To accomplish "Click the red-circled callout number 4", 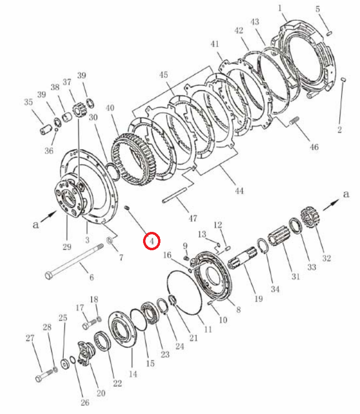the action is (x=152, y=241).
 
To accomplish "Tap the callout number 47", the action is (x=192, y=218).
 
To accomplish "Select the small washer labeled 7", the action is (x=109, y=241).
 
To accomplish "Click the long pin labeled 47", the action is (x=175, y=195).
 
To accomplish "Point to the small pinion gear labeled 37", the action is (x=79, y=112).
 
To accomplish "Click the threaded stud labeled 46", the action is (x=294, y=121).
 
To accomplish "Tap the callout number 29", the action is (x=67, y=247).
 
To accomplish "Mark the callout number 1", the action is (x=280, y=8).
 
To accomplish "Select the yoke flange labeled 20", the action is (x=86, y=353).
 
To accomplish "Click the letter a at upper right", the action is (x=346, y=194).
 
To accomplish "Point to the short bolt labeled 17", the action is (x=89, y=324).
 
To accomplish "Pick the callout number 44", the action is (x=239, y=191).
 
